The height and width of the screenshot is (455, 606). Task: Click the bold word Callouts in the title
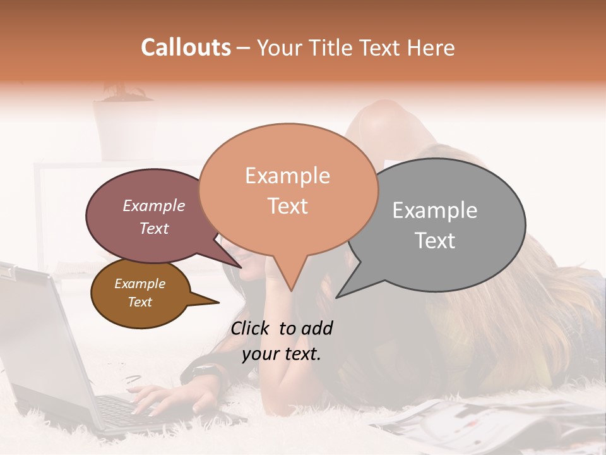click(186, 47)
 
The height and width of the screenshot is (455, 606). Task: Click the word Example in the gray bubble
click(435, 210)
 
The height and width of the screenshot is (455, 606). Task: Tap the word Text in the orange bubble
click(288, 206)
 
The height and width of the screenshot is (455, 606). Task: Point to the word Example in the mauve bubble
click(153, 205)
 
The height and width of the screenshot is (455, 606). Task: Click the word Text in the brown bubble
click(140, 302)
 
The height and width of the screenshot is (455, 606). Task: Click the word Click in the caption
click(251, 328)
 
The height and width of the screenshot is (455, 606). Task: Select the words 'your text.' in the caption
click(282, 354)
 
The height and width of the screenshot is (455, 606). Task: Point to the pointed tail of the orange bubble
click(290, 287)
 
